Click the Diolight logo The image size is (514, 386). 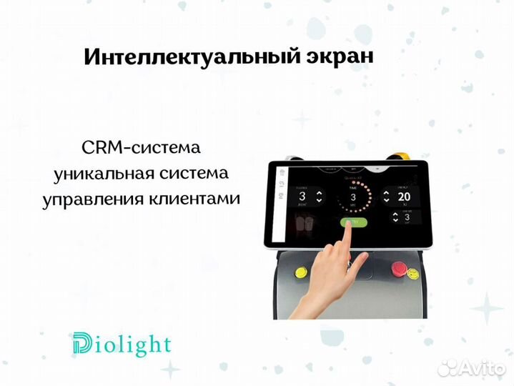click(x=122, y=345)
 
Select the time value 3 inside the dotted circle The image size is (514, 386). click(x=352, y=197)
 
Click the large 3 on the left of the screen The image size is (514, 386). click(x=302, y=197)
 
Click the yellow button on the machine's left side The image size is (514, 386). click(x=298, y=272)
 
